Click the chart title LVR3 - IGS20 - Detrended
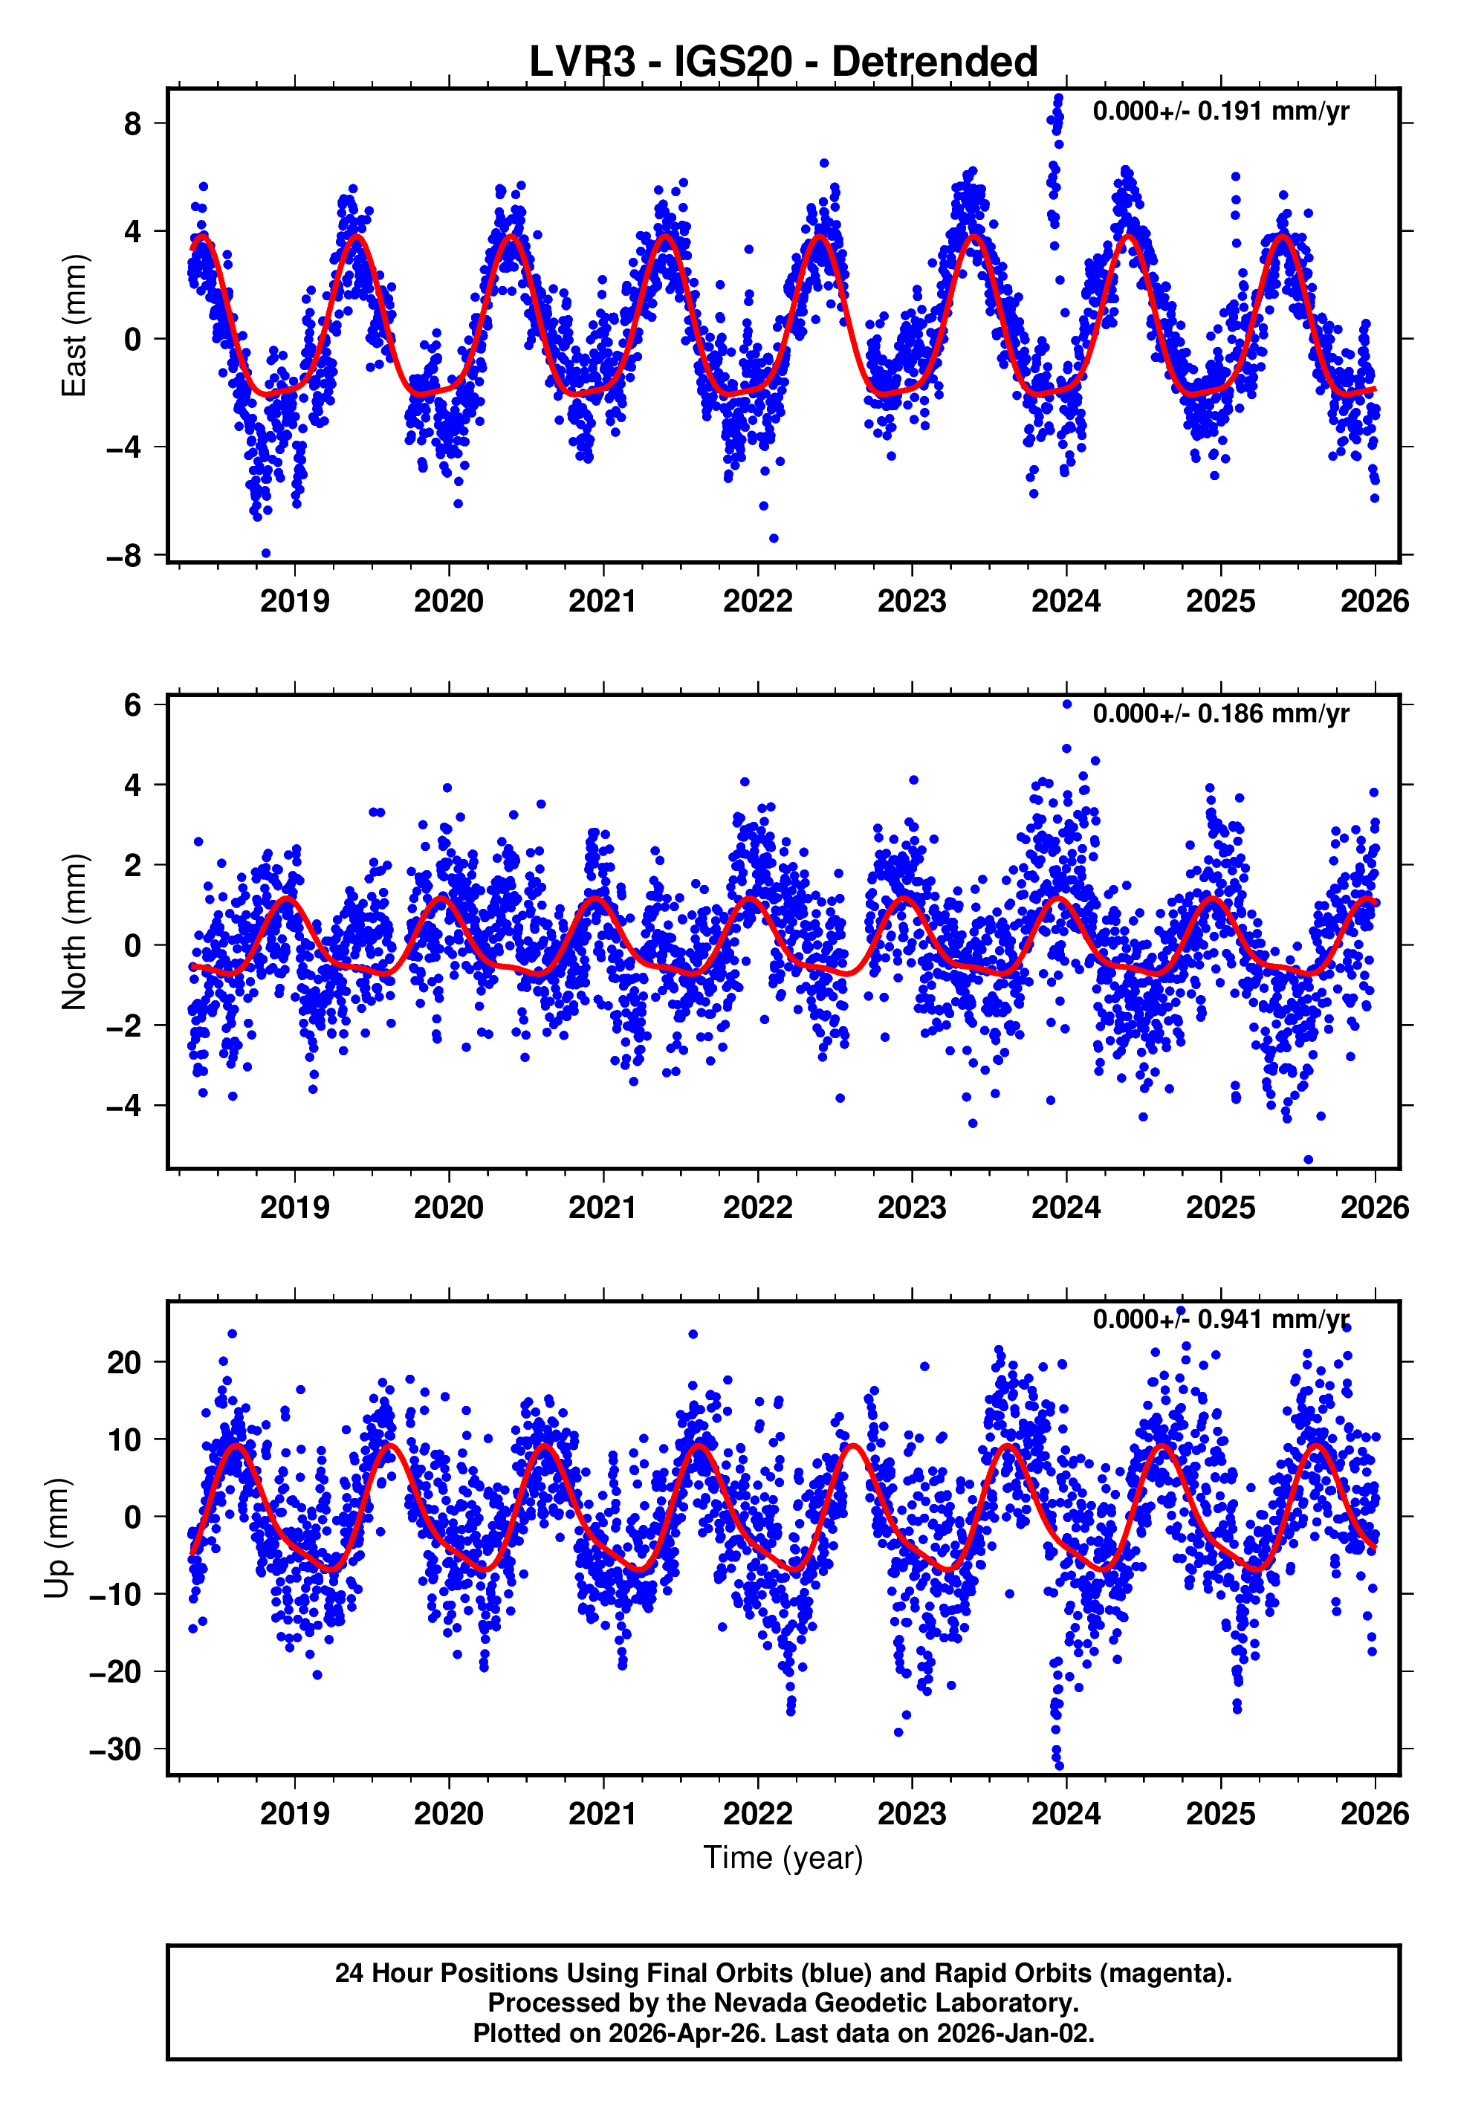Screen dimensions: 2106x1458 [783, 62]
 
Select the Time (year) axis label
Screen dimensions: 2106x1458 [783, 1859]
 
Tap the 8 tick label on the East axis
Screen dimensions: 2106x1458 [133, 123]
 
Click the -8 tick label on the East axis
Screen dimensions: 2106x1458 [124, 555]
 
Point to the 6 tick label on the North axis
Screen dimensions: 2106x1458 [133, 705]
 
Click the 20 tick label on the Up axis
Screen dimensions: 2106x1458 [124, 1363]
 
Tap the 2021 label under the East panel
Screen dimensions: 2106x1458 [603, 602]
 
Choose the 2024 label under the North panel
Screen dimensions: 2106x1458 [1066, 1208]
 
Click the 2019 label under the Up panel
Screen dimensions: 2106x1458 [294, 1814]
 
